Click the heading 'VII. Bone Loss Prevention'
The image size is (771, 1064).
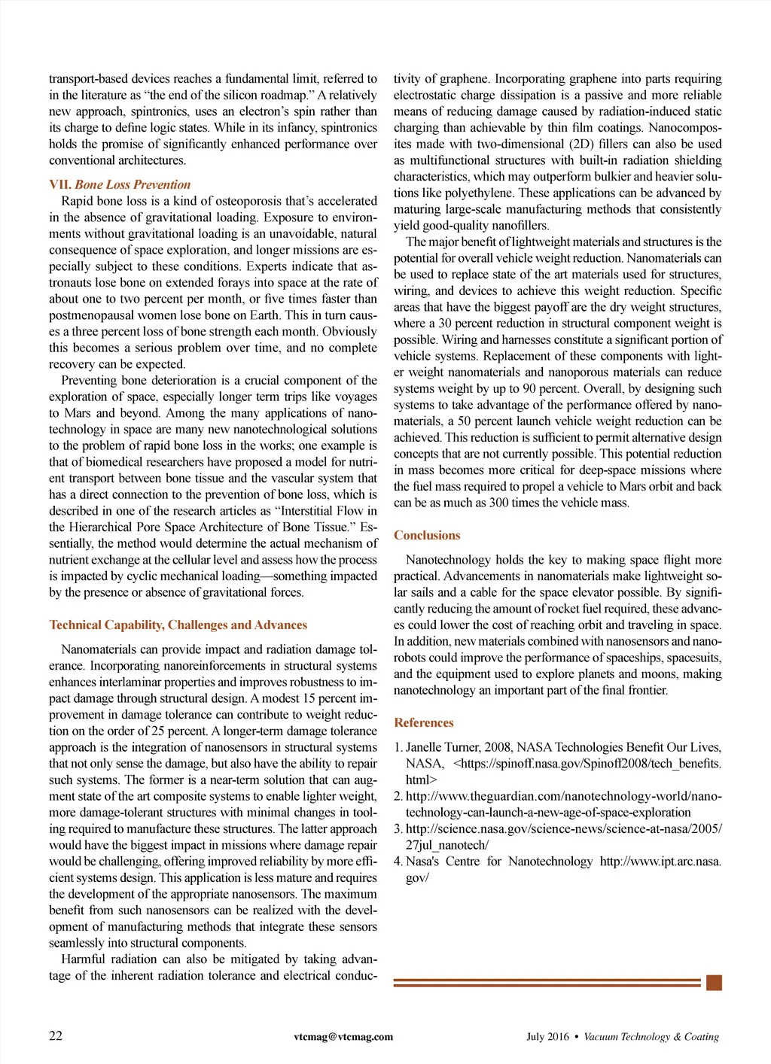120,184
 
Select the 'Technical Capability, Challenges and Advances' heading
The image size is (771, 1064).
178,625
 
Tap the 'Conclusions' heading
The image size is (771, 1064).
427,535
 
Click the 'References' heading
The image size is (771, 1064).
424,722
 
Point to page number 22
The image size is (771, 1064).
56,1035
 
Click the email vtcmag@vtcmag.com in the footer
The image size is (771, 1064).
343,1036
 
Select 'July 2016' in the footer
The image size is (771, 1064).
547,1036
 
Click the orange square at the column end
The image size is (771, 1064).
715,982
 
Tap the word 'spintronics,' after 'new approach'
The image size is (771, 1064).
160,111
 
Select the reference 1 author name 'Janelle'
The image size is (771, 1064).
426,747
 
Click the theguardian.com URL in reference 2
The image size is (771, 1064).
563,796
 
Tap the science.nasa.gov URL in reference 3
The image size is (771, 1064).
563,828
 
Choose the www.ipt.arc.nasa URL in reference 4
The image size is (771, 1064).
660,861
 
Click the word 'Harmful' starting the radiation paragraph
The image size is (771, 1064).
83,959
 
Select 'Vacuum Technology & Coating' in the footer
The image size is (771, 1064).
651,1036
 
